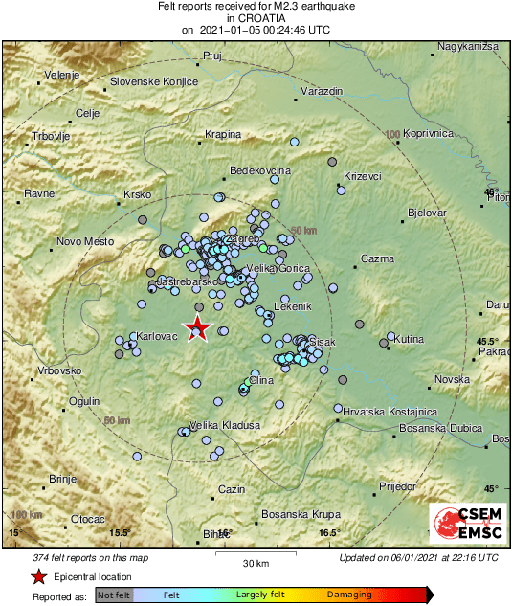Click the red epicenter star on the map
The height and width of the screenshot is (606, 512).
point(197,328)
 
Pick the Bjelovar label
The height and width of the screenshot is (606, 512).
point(427,212)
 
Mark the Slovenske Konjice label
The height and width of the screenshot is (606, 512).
point(154,81)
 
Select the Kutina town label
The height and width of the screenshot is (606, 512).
point(409,339)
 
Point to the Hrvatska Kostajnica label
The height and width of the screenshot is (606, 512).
point(390,411)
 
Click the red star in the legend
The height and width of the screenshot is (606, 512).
point(38,576)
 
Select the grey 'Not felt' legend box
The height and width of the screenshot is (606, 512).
point(114,595)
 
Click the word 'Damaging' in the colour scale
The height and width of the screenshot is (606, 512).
point(351,595)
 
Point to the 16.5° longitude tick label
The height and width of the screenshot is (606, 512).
point(329,533)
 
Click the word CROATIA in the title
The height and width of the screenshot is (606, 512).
point(256,17)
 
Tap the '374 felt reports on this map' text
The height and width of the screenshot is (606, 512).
point(84,558)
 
